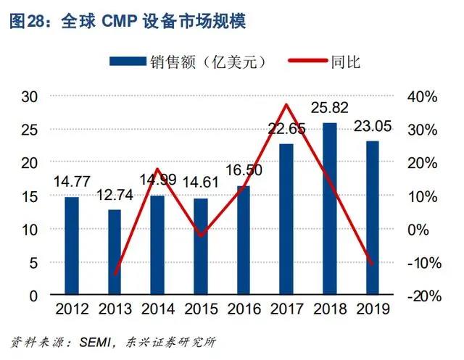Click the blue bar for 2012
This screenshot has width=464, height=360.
tap(72, 246)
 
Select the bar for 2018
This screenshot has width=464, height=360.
tap(330, 209)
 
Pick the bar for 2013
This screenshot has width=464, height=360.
tap(115, 253)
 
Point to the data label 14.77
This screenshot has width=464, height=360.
tap(72, 183)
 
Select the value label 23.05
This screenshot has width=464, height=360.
tap(373, 127)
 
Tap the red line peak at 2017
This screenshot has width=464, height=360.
tap(286, 105)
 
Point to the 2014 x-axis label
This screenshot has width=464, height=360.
tap(158, 309)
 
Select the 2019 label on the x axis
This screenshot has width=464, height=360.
tap(373, 309)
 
